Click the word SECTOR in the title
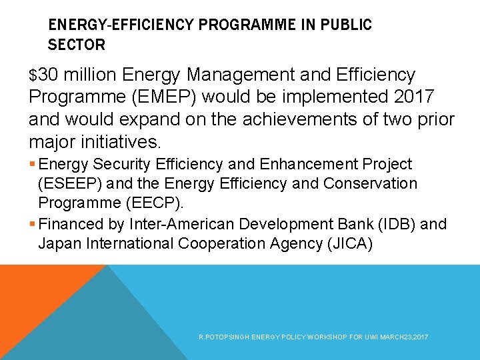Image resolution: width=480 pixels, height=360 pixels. click(77, 45)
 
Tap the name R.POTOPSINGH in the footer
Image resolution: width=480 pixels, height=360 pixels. click(222, 338)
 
